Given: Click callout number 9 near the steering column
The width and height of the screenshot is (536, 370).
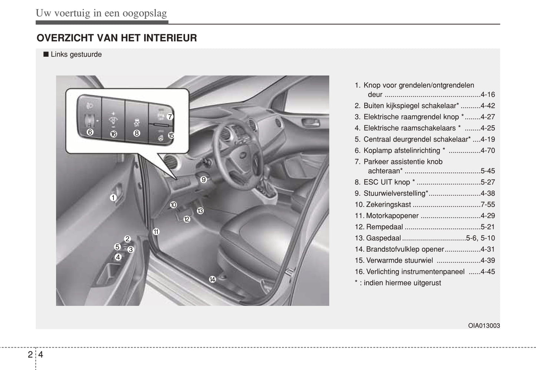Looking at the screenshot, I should [203, 179].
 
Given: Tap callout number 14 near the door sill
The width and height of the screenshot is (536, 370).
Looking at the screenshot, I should [212, 279].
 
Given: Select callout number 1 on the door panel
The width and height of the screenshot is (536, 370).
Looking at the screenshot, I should [113, 198].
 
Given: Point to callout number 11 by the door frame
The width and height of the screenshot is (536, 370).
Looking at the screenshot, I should [156, 232].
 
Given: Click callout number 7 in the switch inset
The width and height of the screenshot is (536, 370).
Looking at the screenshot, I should [170, 116].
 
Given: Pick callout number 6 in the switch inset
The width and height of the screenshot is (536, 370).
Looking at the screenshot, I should [90, 132].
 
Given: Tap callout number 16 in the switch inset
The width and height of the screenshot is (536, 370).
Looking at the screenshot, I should [114, 134].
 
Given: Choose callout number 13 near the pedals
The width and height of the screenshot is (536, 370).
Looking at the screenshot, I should [200, 211].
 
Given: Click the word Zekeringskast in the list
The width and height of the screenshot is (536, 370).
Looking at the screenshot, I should [388, 205].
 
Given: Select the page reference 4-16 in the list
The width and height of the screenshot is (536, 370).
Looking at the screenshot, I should [487, 95].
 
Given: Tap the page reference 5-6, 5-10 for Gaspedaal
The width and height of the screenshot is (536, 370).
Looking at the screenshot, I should [480, 238].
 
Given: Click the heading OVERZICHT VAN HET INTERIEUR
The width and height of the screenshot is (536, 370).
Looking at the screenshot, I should [117, 38].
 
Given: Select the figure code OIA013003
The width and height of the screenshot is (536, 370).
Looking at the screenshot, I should [484, 326].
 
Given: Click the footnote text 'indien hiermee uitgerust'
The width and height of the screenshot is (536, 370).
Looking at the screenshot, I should [402, 283].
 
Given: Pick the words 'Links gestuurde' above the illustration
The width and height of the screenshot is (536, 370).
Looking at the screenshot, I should [76, 54].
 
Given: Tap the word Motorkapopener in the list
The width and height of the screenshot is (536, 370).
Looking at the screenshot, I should [392, 216].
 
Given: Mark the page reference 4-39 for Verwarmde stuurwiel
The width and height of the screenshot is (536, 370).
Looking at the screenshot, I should [487, 261].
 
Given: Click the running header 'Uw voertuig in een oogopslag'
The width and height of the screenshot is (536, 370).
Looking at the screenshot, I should [101, 13].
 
